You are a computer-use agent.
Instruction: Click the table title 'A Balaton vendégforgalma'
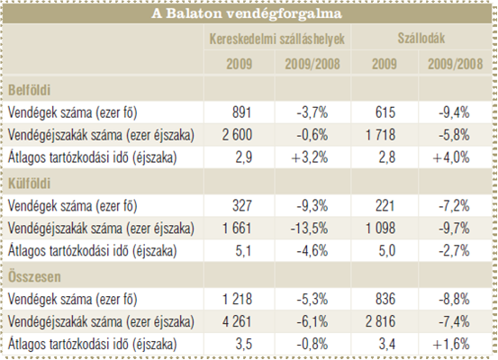click(x=247, y=13)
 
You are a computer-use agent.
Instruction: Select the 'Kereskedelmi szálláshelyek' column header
click(x=277, y=39)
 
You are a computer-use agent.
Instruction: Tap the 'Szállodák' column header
click(x=421, y=39)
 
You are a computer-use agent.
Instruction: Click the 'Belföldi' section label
click(x=29, y=90)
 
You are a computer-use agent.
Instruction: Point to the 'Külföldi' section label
click(x=29, y=184)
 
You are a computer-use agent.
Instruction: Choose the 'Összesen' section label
click(x=34, y=277)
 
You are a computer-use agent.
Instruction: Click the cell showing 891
click(x=241, y=112)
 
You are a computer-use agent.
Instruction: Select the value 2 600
click(x=237, y=135)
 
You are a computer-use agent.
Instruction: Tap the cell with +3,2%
click(x=310, y=157)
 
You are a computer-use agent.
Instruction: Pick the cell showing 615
click(x=385, y=112)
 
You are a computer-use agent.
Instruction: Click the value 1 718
click(x=381, y=135)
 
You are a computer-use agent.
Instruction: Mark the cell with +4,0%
click(x=451, y=157)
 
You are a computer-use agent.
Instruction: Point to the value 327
click(x=242, y=206)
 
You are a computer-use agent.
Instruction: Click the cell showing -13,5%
click(x=309, y=229)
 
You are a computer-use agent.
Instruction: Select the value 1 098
click(x=381, y=229)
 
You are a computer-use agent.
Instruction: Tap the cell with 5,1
click(x=244, y=251)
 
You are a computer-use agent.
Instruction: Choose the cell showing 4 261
click(x=237, y=321)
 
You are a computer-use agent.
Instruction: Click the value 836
click(x=385, y=299)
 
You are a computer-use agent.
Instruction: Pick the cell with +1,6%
click(x=451, y=344)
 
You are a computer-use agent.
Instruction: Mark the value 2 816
click(x=381, y=321)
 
